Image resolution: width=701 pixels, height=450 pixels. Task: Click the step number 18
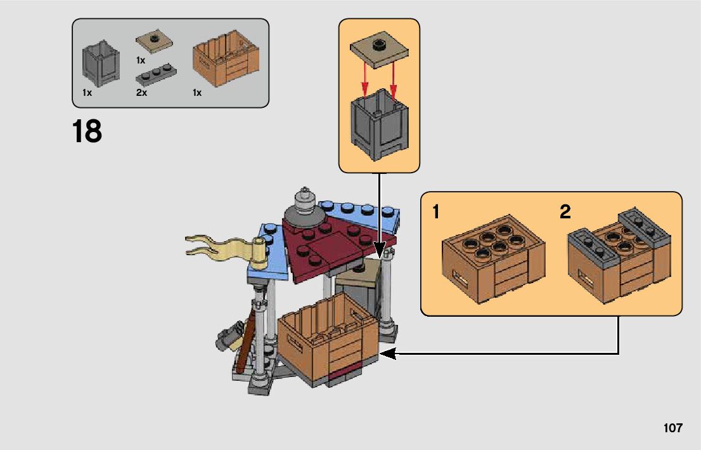click(87, 132)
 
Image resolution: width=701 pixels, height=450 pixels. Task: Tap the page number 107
click(672, 428)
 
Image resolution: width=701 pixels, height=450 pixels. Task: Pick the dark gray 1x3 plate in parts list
click(154, 76)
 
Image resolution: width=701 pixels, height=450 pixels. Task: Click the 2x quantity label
click(141, 93)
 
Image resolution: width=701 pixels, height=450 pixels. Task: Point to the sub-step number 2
click(565, 211)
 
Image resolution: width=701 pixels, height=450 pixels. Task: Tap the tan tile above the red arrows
click(379, 48)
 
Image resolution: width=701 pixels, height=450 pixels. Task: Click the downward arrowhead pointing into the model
click(379, 251)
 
